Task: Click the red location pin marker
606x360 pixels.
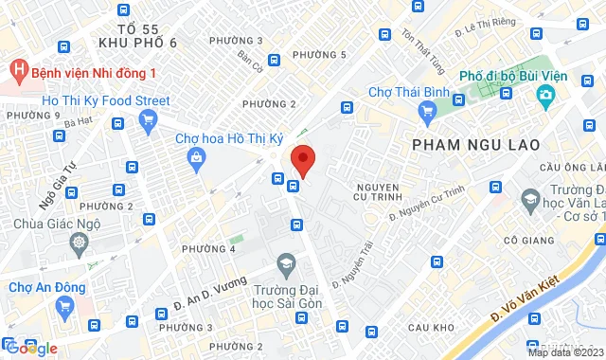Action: (302, 158)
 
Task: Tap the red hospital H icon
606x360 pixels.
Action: (17, 71)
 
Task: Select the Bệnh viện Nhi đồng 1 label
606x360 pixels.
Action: (94, 72)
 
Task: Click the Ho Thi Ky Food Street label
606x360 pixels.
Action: (106, 100)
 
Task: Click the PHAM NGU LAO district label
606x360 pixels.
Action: (476, 144)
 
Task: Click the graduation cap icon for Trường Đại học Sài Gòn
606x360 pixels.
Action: (285, 261)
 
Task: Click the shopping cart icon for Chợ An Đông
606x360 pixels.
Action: (64, 305)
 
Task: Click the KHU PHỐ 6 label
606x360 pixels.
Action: (143, 44)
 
